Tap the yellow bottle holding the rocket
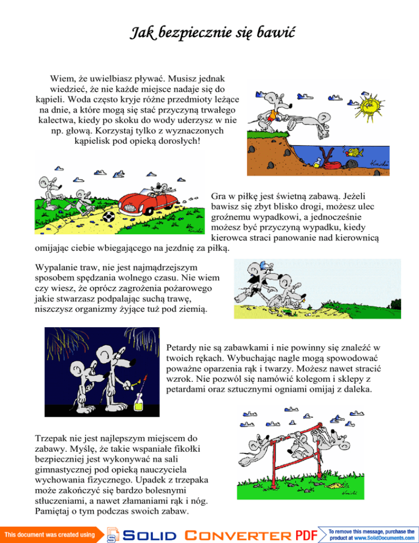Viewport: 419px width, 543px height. (x=139, y=406)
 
